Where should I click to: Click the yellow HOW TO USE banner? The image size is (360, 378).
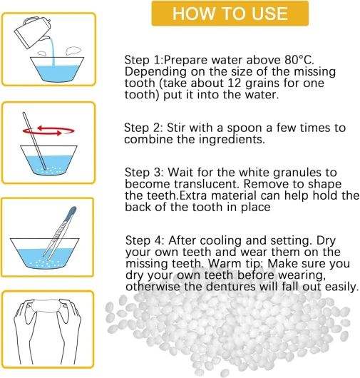230,14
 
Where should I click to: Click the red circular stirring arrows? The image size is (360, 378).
48,131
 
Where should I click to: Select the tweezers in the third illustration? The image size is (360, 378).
60,233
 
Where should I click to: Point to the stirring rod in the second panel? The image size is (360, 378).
34,141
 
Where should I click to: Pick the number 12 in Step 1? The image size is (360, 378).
235,83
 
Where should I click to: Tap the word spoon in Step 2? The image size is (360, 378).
245,128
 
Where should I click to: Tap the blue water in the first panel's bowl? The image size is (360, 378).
57,73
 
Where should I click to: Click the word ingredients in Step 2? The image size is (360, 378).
231,140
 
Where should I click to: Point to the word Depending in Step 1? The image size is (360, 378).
155,72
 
